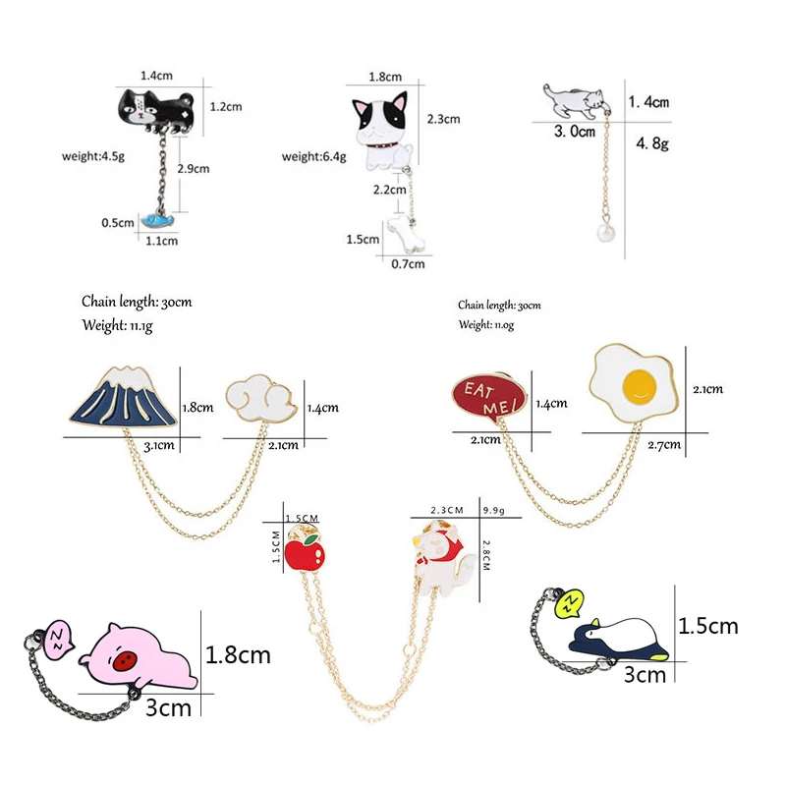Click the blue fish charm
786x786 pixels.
point(155,223)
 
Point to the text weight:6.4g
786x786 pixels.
point(314,156)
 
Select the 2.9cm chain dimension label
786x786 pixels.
point(193,168)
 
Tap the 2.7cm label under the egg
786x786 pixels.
point(665,444)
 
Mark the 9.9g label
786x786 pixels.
point(492,510)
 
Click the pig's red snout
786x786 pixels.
point(125,663)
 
